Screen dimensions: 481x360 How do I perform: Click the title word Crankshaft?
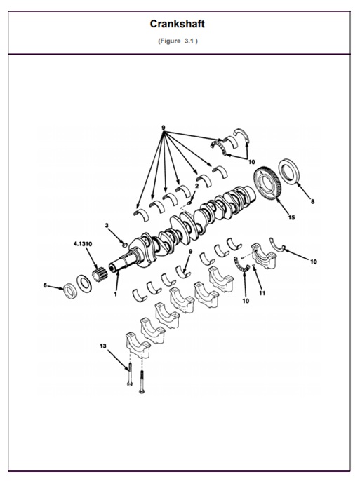pos(177,25)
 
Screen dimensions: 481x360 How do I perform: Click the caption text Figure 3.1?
pos(177,41)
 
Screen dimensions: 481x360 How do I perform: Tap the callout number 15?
pos(291,217)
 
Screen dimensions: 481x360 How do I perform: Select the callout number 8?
pos(313,201)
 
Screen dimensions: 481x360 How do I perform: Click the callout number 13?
pos(102,346)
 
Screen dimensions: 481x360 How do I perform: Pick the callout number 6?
pos(45,285)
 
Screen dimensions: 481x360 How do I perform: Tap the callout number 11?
pos(261,294)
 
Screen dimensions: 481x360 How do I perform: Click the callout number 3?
pos(107,225)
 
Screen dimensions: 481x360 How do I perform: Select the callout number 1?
pos(116,294)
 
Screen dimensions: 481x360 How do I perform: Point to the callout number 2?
pos(196,187)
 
